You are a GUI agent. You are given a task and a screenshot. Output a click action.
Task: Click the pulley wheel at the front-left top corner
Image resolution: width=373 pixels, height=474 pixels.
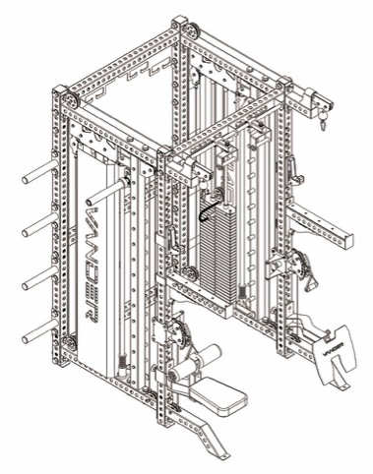point(66,101)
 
